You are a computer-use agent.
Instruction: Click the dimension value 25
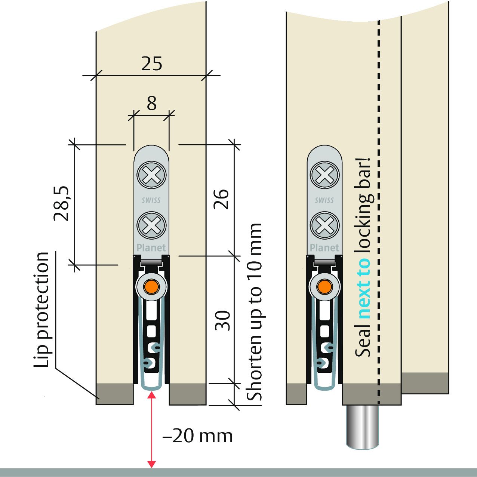[152, 64]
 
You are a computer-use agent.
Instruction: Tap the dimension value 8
[151, 104]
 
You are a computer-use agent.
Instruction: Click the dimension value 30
[224, 321]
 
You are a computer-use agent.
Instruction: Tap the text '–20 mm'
[198, 436]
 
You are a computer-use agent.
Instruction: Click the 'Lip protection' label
[42, 310]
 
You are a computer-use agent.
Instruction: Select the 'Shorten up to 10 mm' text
[254, 312]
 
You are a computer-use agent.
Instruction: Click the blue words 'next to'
[363, 288]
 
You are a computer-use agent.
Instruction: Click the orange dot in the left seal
[151, 287]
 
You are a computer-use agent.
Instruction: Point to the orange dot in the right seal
[324, 287]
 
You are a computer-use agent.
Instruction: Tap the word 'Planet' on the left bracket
[151, 247]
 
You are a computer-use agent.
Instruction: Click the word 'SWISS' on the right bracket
[324, 200]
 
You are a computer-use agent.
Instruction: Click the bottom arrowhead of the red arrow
[151, 464]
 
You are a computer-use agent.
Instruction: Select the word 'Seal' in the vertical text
[363, 342]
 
